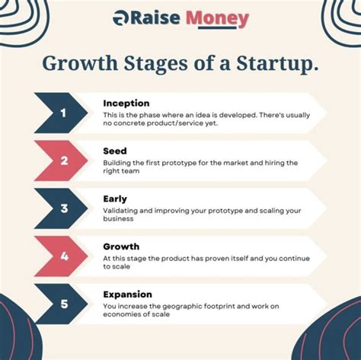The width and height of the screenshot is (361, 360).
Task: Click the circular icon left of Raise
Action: (120, 19)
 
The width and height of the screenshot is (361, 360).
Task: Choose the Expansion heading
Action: (127, 295)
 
